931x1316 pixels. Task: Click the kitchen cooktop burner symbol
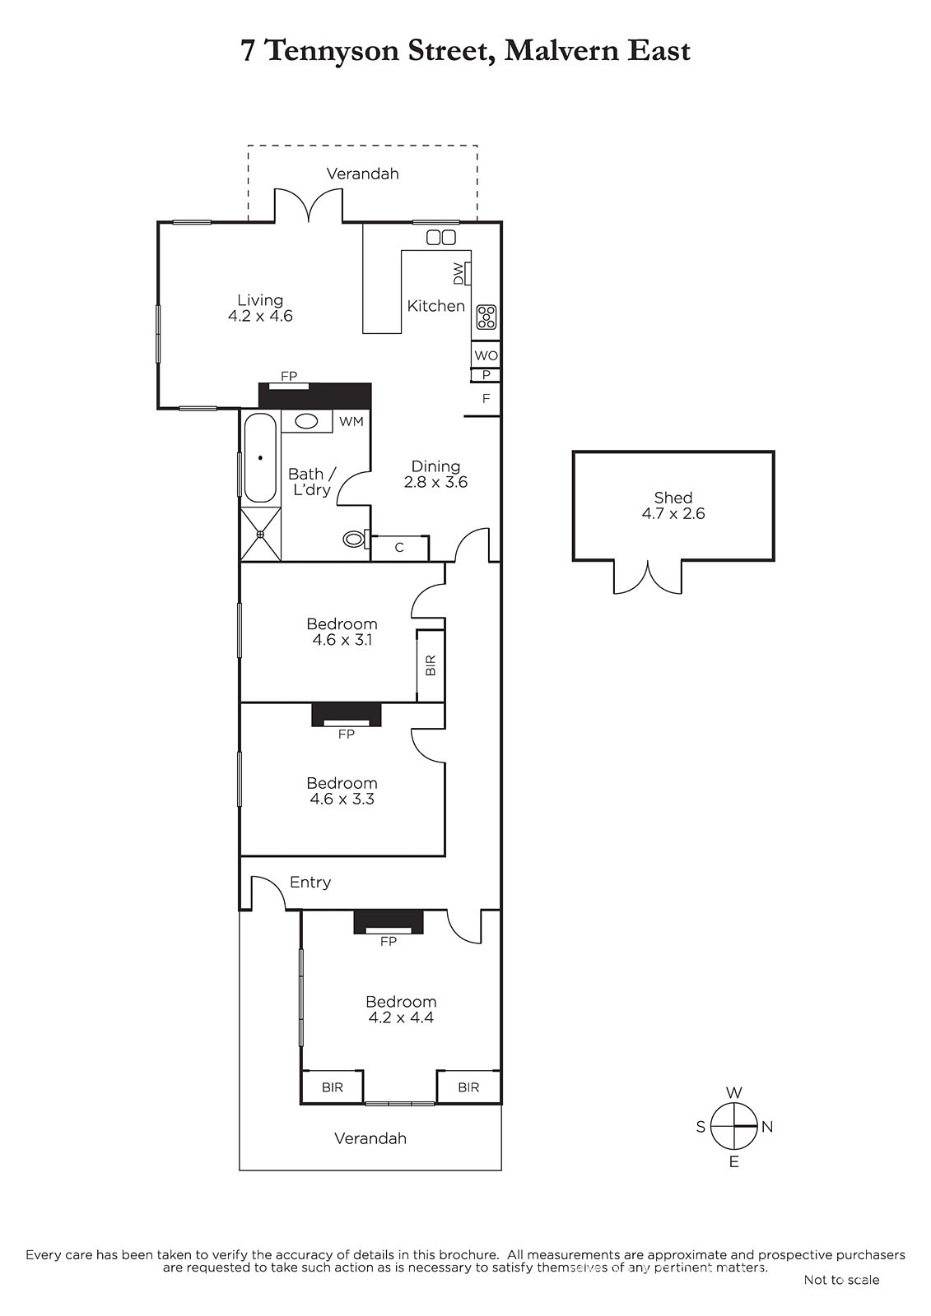[x=486, y=317]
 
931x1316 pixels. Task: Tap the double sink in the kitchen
[x=441, y=238]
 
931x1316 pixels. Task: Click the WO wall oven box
[x=486, y=354]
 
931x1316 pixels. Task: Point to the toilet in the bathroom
[x=355, y=538]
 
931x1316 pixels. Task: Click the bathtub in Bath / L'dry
[x=260, y=458]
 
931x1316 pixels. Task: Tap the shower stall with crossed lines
[x=261, y=534]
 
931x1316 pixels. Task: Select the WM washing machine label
[x=351, y=421]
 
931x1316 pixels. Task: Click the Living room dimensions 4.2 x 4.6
[x=261, y=316]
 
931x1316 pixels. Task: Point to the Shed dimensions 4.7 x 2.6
[x=673, y=513]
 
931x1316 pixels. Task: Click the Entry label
[x=310, y=882]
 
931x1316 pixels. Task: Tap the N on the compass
[x=767, y=1127]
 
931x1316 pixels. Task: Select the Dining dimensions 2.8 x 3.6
[x=435, y=482]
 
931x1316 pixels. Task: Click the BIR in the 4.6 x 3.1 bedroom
[x=431, y=665]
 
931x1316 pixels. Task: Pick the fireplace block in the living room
[x=315, y=396]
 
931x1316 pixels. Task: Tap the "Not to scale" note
[x=841, y=1280]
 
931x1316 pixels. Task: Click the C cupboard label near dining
[x=399, y=548]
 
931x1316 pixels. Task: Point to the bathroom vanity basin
[x=306, y=421]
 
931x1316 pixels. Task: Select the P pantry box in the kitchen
[x=486, y=374]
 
